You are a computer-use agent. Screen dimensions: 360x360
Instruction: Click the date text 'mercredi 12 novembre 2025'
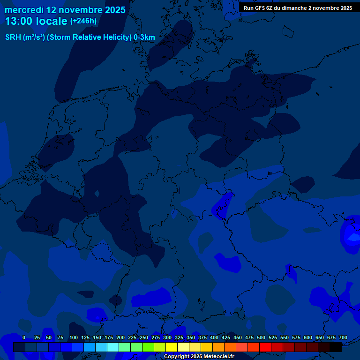click(x=65, y=10)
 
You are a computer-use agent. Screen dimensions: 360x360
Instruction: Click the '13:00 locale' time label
click(x=36, y=21)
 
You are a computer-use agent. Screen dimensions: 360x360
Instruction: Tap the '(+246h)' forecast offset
click(x=83, y=21)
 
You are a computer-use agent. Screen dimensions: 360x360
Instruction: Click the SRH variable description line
click(x=80, y=37)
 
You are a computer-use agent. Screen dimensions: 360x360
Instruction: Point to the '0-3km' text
click(x=144, y=37)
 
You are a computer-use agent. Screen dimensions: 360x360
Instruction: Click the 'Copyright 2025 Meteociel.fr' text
click(x=199, y=357)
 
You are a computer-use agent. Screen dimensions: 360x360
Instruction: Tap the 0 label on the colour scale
click(x=24, y=337)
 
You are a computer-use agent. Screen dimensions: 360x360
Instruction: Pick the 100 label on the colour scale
click(x=74, y=337)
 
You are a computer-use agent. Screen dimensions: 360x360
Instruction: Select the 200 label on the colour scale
click(x=120, y=337)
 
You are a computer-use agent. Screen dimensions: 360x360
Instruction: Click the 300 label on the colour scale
click(x=167, y=337)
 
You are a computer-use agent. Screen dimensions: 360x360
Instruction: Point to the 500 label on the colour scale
click(x=261, y=337)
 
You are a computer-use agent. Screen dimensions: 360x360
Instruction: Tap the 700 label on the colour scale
click(x=343, y=337)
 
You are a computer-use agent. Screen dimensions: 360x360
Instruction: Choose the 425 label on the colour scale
click(x=226, y=337)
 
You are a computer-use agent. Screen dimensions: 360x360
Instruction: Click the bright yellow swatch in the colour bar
click(x=172, y=347)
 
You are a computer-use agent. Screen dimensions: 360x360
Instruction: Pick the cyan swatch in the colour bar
click(x=113, y=347)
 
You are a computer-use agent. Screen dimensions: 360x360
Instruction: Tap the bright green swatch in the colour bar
click(x=148, y=347)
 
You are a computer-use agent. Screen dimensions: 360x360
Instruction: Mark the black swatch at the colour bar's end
click(x=336, y=347)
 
